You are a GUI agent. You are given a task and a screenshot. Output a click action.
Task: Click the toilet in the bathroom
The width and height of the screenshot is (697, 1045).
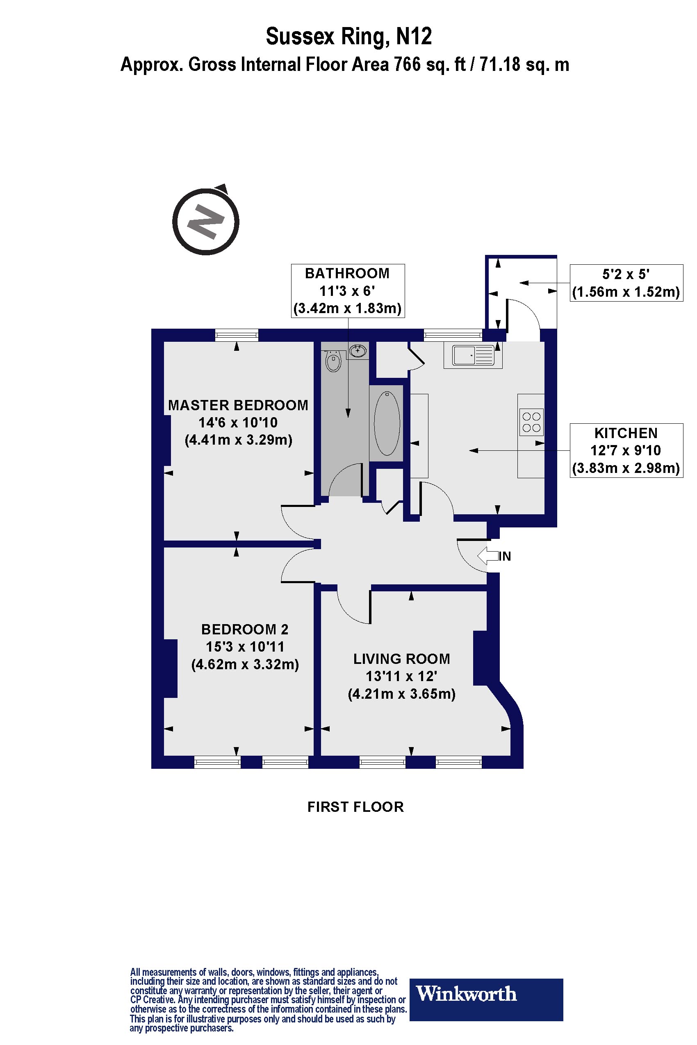(333, 360)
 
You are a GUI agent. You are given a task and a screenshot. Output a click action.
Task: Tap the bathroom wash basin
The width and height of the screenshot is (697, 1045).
(358, 351)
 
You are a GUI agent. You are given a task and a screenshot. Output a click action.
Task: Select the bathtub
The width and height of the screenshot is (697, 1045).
(387, 423)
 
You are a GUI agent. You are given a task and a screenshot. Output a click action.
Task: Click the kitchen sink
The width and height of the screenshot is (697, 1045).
(473, 355)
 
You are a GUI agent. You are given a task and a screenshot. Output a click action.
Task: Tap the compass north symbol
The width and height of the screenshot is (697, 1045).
(205, 221)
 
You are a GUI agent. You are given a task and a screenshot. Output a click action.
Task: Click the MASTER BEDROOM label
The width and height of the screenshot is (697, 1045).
(238, 405)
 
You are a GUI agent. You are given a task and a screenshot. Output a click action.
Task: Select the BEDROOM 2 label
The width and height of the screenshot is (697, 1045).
(245, 629)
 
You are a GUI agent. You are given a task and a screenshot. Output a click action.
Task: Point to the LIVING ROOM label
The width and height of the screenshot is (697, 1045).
(401, 659)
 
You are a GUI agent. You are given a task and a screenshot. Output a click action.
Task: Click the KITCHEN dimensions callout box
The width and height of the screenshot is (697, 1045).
(626, 450)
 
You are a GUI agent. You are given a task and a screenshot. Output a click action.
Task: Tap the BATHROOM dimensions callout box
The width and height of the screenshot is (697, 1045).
(348, 291)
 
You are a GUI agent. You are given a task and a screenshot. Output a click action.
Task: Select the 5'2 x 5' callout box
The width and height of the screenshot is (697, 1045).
(626, 283)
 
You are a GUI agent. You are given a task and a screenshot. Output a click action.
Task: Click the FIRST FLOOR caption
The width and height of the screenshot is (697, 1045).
(355, 806)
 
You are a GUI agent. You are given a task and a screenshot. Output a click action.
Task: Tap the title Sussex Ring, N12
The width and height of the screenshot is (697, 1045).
(348, 36)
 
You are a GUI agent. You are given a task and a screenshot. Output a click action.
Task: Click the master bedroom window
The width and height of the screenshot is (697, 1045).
(237, 335)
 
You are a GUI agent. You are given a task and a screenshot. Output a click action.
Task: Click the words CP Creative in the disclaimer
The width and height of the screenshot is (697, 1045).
(152, 999)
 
